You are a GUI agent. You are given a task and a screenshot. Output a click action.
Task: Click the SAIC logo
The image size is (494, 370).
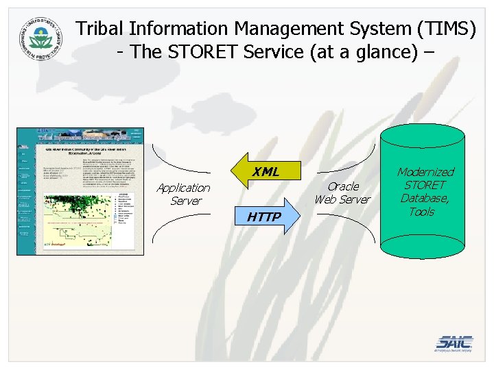(x=454, y=343)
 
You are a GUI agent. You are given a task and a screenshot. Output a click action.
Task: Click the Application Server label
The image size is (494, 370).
(x=183, y=194)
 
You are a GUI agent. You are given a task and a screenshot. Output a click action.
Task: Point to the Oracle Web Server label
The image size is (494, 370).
(x=342, y=193)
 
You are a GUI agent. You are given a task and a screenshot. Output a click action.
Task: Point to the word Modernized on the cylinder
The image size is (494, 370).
(x=425, y=172)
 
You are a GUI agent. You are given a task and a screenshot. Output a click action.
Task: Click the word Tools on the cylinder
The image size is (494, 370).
(x=421, y=212)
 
